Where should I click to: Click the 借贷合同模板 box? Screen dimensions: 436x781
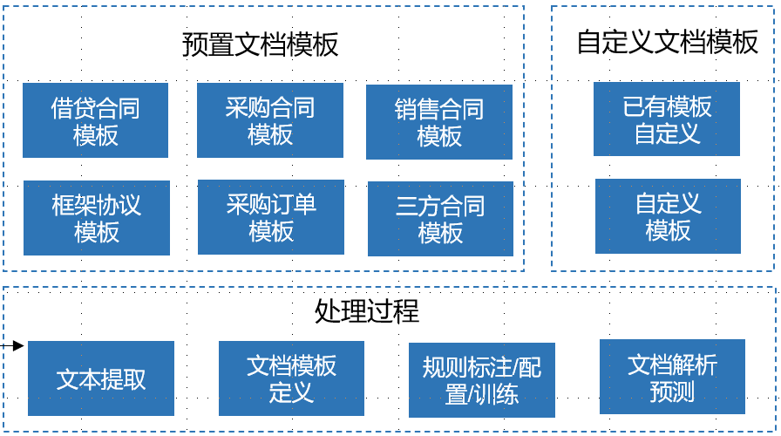(95, 120)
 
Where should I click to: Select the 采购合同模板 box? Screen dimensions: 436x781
(269, 120)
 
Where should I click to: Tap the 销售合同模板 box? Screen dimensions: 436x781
(439, 122)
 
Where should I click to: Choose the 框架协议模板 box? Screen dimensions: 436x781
(96, 218)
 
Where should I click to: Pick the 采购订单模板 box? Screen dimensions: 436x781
(271, 217)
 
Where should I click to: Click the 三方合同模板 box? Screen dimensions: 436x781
(440, 219)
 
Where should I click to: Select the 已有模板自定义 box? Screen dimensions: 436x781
(667, 119)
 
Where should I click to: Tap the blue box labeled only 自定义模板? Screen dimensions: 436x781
(668, 216)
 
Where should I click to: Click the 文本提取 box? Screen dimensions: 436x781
(101, 378)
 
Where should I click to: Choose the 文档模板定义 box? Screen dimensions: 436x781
(291, 378)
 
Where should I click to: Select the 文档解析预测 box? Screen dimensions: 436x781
(672, 377)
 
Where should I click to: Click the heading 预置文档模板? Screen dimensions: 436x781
(261, 44)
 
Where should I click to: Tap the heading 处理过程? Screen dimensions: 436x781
(367, 311)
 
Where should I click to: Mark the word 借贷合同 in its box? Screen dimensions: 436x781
(95, 109)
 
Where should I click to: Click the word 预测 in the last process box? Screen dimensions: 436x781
(672, 391)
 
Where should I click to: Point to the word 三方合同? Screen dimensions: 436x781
(440, 207)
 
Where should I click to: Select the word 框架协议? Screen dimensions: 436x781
(96, 206)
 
